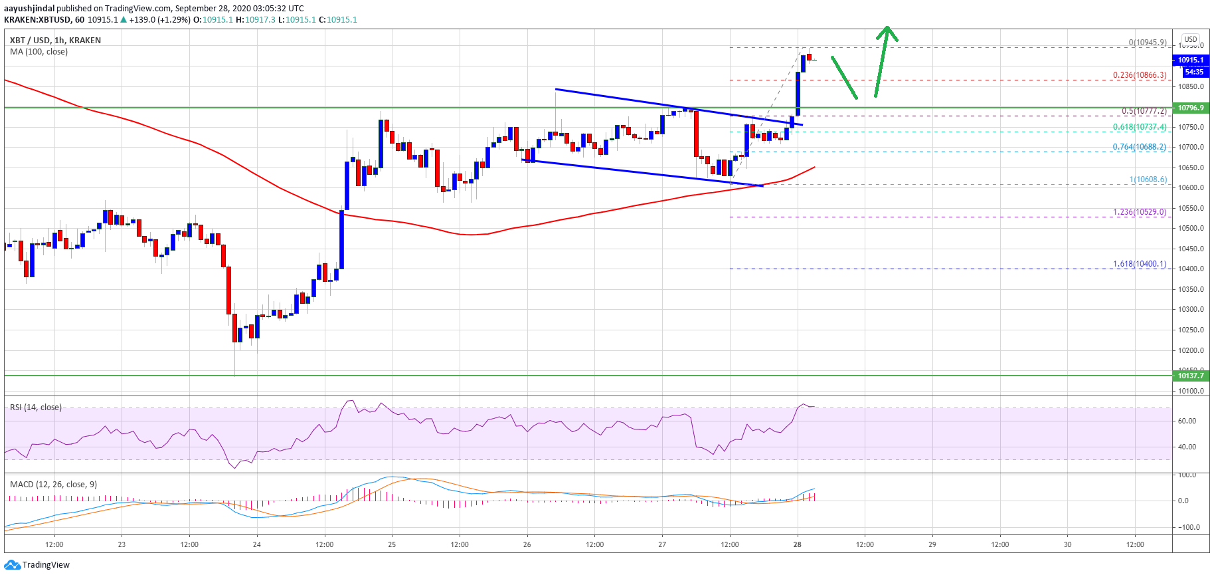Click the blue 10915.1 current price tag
click(x=1191, y=60)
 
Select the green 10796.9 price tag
click(x=1191, y=108)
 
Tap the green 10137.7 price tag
click(x=1191, y=376)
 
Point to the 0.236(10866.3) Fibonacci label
click(x=1139, y=75)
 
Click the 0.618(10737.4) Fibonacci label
click(x=1139, y=127)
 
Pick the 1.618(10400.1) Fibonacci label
click(x=1139, y=264)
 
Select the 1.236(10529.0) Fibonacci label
click(x=1139, y=212)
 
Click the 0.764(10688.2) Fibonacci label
click(x=1139, y=147)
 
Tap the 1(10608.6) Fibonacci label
click(x=1148, y=179)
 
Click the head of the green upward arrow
click(x=887, y=30)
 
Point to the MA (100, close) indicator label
click(x=39, y=52)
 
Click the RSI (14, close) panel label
click(x=36, y=407)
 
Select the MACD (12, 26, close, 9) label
click(x=53, y=484)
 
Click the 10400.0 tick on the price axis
click(x=1191, y=269)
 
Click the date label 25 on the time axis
click(x=392, y=544)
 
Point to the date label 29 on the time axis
click(x=932, y=544)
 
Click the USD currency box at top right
click(x=1191, y=39)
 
